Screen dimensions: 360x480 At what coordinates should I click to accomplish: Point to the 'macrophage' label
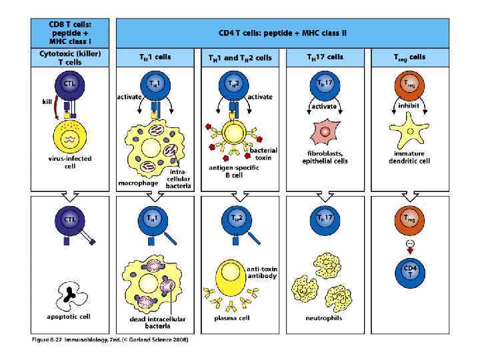click(137, 181)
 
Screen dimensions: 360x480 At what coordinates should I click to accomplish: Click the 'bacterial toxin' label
click(263, 154)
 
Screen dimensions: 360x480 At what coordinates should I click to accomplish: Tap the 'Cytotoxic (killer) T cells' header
click(70, 57)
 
